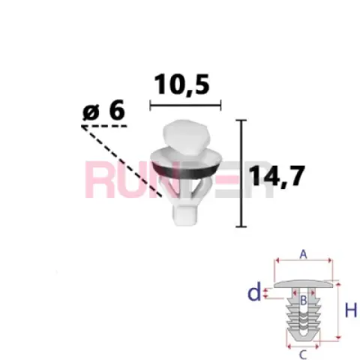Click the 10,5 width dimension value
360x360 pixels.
181,85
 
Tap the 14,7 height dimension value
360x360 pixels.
277,175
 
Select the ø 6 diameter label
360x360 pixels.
103,110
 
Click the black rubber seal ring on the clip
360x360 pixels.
186,169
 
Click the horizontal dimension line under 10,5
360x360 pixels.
185,105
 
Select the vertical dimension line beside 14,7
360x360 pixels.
241,173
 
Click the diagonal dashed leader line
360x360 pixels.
122,162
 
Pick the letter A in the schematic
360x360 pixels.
303,255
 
